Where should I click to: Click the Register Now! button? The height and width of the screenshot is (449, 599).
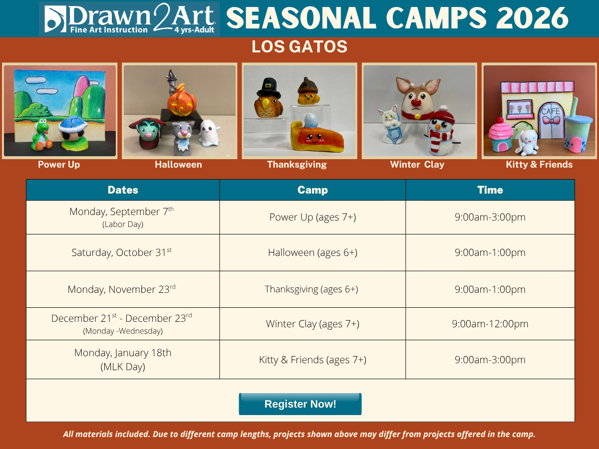(300, 404)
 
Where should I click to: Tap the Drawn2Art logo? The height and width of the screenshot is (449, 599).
(129, 18)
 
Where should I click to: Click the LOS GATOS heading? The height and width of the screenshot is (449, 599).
(299, 46)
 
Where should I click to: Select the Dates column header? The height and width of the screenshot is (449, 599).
(123, 190)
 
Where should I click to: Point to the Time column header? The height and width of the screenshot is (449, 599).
(490, 190)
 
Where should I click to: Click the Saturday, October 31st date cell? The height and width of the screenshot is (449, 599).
(123, 252)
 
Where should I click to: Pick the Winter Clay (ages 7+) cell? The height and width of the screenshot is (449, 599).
(312, 324)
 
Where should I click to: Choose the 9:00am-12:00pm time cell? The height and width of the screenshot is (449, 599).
(490, 324)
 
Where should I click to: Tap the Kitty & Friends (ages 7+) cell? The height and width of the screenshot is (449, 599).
(312, 360)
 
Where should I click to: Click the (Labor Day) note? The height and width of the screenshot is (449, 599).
(123, 224)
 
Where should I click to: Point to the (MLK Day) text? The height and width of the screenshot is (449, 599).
(123, 367)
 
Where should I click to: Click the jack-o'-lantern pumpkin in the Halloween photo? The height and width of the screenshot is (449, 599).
(182, 101)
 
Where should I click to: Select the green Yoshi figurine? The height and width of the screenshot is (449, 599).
(42, 134)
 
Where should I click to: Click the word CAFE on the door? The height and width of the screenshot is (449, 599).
(551, 111)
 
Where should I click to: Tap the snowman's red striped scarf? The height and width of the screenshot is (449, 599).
(440, 138)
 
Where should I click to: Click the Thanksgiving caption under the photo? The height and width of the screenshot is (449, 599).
(297, 165)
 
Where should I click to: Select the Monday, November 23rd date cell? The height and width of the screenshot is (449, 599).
(123, 289)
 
